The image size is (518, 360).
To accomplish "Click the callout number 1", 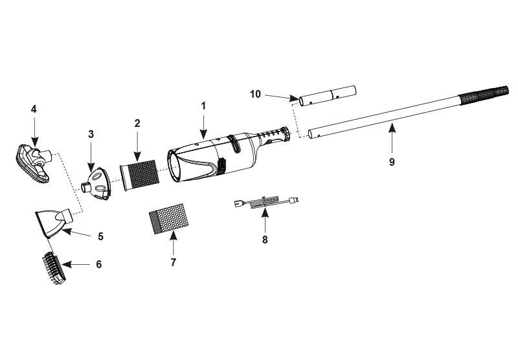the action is point(203,106).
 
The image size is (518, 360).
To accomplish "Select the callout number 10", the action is point(255,95).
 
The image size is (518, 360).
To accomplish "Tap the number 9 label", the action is point(392,162).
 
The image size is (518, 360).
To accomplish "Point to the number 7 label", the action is point(174,263).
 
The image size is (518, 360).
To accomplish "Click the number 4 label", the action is point(34,109).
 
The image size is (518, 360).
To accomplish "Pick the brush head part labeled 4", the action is point(32,164).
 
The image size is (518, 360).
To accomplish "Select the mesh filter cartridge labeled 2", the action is point(139,175).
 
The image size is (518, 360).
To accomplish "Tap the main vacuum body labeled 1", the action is point(228,155).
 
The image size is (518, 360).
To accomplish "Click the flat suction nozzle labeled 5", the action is point(54,222).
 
